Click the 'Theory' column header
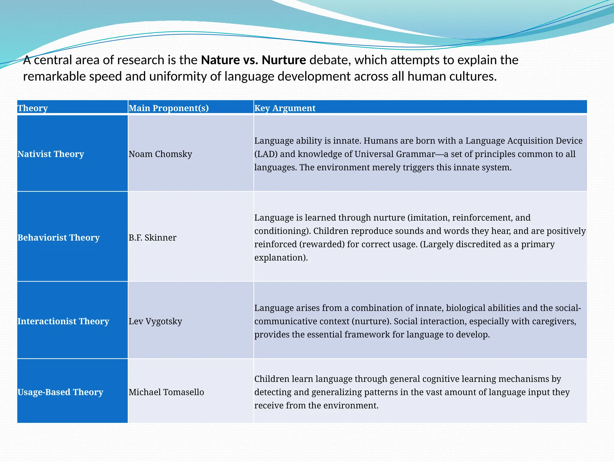click(x=33, y=108)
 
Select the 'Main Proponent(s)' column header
click(x=168, y=108)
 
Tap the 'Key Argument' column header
click(x=285, y=108)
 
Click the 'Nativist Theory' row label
click(x=51, y=154)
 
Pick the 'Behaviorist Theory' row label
click(x=58, y=237)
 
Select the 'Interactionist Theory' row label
click(x=63, y=321)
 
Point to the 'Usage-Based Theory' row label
click(x=60, y=392)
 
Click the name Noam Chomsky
click(x=160, y=154)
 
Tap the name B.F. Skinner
click(x=152, y=237)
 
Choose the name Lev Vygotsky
click(x=155, y=321)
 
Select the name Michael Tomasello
click(x=166, y=392)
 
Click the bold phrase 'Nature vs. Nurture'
click(x=253, y=60)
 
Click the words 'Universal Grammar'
click(x=395, y=154)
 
